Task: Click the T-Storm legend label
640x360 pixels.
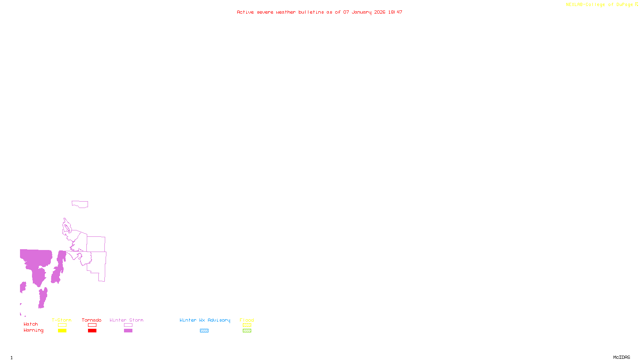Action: [62, 320]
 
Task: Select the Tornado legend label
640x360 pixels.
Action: [92, 320]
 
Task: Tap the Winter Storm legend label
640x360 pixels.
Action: [126, 320]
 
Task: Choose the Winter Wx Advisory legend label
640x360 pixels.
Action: [205, 320]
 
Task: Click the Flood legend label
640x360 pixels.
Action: [247, 320]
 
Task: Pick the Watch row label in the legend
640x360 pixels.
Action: [31, 324]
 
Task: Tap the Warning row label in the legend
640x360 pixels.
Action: [34, 330]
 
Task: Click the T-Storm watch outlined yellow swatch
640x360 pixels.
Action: [62, 325]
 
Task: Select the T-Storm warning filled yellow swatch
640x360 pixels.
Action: [62, 331]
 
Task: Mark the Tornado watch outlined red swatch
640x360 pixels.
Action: [92, 325]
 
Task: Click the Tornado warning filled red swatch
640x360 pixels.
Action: [92, 331]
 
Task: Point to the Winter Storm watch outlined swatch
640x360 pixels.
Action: [128, 325]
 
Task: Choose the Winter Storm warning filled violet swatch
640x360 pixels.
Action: [128, 331]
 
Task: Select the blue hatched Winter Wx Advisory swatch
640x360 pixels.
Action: [204, 331]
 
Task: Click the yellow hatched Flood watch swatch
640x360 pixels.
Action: [247, 325]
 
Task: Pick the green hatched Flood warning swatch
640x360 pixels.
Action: [247, 331]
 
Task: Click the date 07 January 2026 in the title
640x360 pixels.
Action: [364, 12]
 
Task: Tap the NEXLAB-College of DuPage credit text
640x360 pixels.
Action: [600, 5]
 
